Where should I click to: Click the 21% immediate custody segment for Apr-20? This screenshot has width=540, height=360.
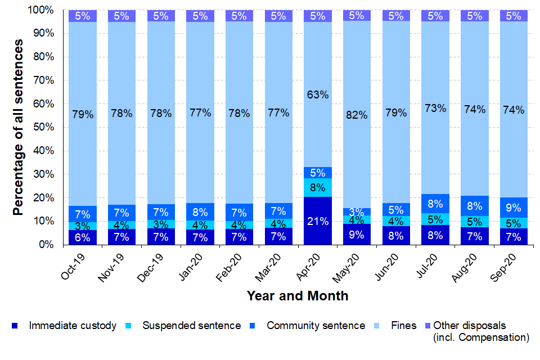point(317,221)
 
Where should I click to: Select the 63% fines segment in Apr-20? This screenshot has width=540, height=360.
point(317,94)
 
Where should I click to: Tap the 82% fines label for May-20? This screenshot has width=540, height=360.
point(357,115)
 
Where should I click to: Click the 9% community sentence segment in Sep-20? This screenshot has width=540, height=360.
point(513,207)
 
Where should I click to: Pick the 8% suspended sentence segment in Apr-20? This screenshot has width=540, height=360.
point(317,187)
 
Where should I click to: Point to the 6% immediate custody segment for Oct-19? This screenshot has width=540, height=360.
point(83,237)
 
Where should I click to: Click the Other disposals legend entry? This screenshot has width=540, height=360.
point(470,326)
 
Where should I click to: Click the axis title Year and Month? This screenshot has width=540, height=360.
point(298,296)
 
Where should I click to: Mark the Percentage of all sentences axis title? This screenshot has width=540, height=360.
point(19,128)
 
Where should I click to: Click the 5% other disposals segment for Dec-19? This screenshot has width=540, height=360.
point(161,16)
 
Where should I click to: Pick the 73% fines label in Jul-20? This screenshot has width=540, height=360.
point(435,109)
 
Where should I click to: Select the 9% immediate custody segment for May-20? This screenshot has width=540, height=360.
point(357,235)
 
